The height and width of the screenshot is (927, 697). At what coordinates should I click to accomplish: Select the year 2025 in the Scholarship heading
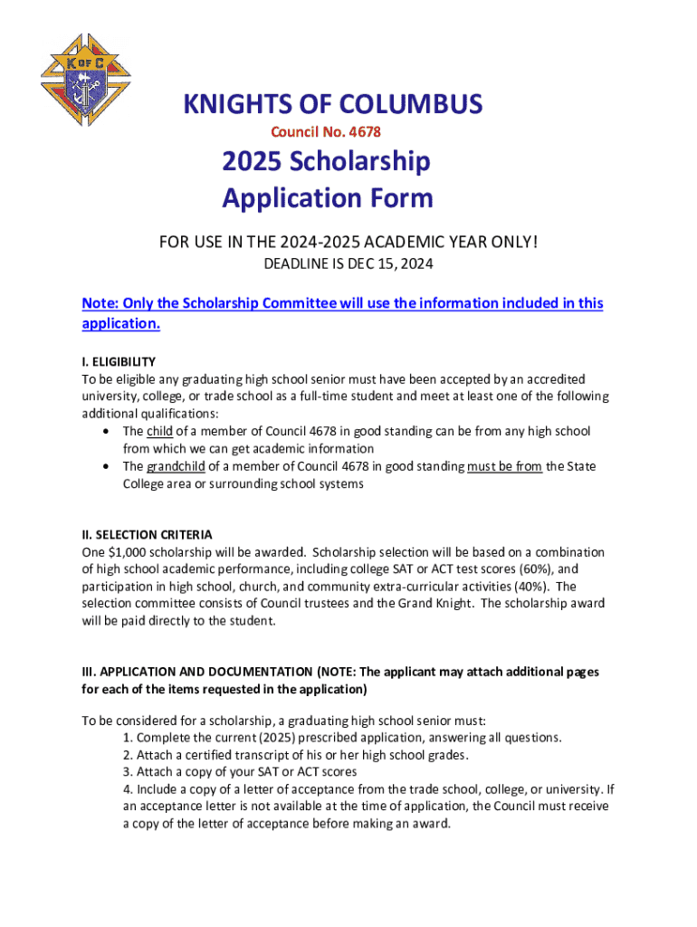(253, 162)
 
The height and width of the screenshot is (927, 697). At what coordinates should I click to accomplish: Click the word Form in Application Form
(400, 197)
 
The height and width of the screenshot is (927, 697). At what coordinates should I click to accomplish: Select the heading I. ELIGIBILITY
(119, 361)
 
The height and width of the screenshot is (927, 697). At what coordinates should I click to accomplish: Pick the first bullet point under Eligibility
(109, 432)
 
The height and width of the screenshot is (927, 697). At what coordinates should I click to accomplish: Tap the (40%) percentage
(530, 587)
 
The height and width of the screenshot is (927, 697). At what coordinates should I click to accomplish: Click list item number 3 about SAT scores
(242, 772)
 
